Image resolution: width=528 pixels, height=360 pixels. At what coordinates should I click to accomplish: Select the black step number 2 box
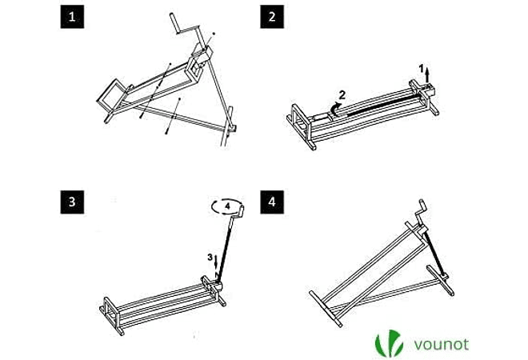[272, 18]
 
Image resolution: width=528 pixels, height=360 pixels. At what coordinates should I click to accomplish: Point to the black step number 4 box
[272, 202]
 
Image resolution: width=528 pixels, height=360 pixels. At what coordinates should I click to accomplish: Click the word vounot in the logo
[441, 345]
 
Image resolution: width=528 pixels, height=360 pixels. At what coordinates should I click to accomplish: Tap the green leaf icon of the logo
[390, 344]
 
